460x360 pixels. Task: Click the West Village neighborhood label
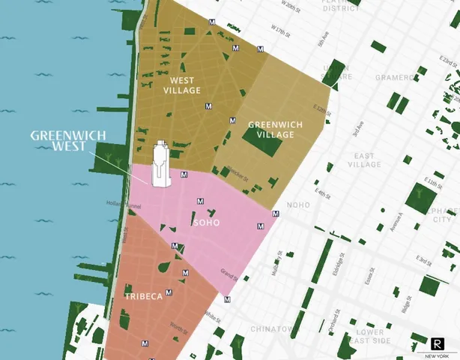(182, 85)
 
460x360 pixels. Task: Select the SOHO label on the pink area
(207, 223)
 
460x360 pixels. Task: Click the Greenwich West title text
(67, 140)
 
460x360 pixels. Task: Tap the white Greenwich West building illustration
(160, 165)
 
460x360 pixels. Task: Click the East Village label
(365, 160)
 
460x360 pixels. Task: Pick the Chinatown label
(271, 329)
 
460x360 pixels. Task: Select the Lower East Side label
(370, 336)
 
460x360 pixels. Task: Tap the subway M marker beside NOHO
(276, 214)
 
